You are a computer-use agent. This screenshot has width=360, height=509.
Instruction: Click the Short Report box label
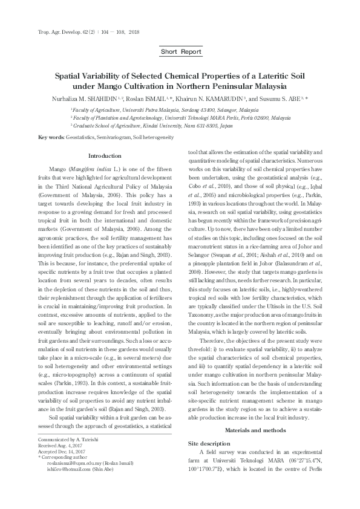[x=182, y=52]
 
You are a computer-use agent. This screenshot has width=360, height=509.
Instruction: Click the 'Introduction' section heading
[x=105, y=156]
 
